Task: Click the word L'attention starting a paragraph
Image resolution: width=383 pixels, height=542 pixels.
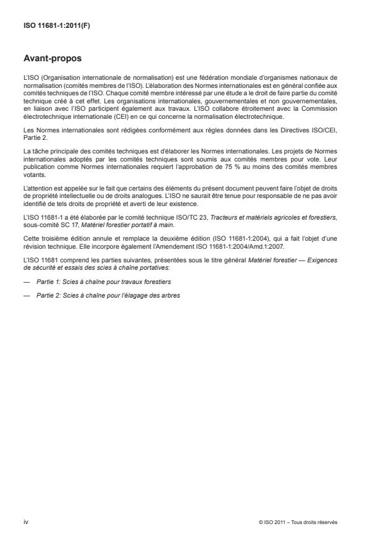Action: [36, 187]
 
